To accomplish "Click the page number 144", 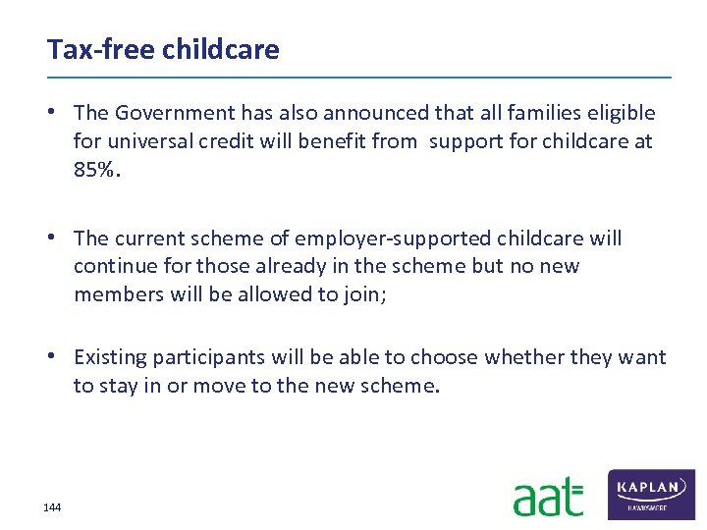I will pyautogui.click(x=52, y=507).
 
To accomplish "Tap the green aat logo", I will pyautogui.click(x=548, y=497).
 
